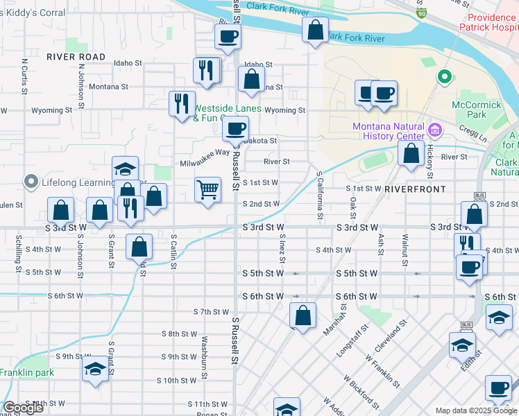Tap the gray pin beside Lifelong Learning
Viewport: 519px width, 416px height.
pos(31,182)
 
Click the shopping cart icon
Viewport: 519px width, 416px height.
pos(208,189)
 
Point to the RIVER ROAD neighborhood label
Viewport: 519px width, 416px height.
pos(76,57)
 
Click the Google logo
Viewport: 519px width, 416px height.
pos(23,407)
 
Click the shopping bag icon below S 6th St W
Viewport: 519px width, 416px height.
pos(303,315)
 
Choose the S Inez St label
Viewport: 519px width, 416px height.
pos(282,249)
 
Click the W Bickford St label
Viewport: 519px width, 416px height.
pos(361,391)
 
